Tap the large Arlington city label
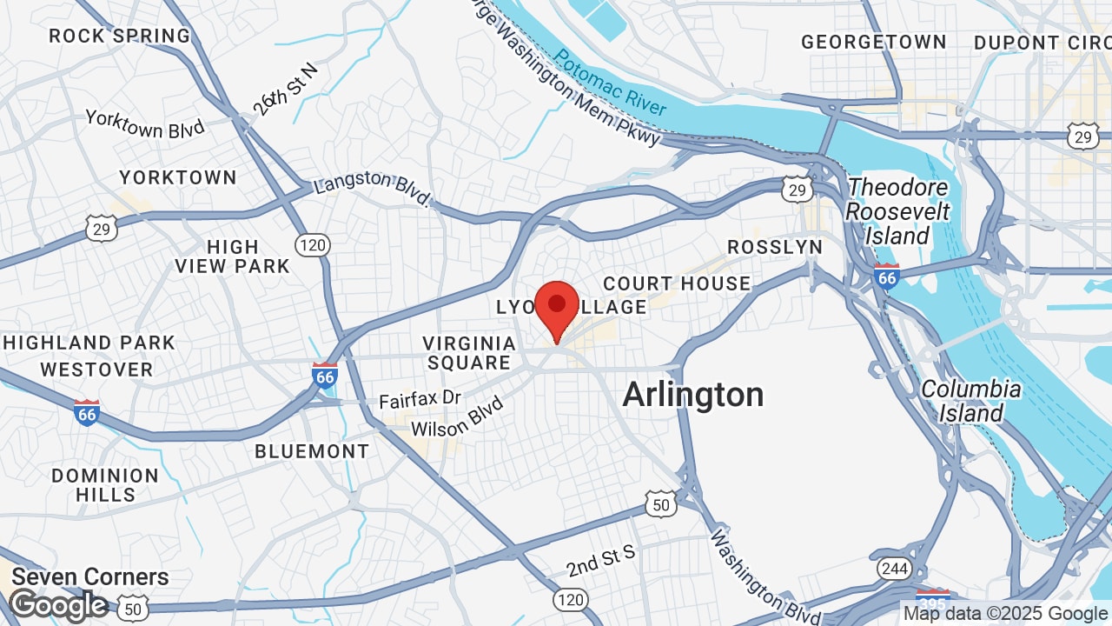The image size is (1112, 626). [693, 395]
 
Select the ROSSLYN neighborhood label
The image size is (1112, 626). [775, 247]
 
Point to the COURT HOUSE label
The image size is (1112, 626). [677, 283]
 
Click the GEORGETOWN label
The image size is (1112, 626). [873, 42]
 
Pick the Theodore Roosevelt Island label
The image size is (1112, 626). [898, 211]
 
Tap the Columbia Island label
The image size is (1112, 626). [970, 401]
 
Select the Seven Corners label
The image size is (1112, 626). [90, 576]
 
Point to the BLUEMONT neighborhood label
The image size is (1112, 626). [312, 451]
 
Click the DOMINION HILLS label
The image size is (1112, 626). [105, 485]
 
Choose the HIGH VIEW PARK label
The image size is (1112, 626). [232, 256]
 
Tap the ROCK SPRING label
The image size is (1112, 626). [120, 36]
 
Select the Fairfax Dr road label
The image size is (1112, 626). [420, 400]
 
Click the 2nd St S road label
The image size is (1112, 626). [601, 562]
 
